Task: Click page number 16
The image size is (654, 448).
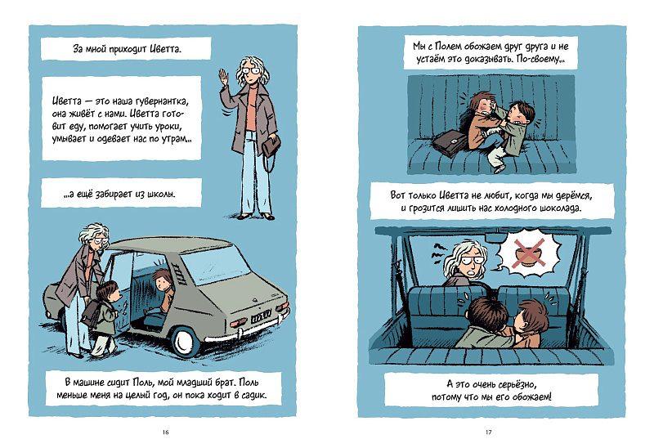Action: click(165, 432)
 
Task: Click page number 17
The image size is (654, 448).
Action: click(488, 432)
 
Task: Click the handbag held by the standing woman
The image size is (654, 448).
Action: click(271, 146)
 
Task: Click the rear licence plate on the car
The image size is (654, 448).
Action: click(261, 316)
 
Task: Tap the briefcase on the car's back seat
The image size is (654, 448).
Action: click(450, 143)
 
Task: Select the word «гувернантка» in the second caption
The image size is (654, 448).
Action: click(161, 101)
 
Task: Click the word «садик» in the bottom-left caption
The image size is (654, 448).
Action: click(253, 395)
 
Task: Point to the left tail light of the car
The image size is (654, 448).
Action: click(238, 323)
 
